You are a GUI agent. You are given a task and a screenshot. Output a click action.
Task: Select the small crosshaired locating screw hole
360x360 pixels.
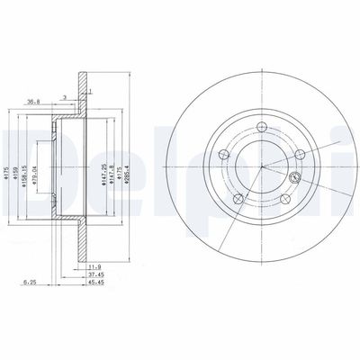[293, 154]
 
